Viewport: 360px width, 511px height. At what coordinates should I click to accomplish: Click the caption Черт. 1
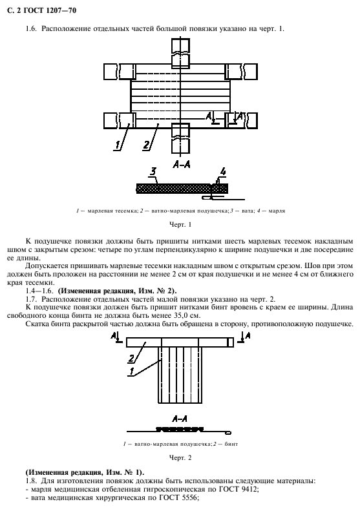click(x=181, y=224)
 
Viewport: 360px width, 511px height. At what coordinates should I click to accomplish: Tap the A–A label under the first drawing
click(x=181, y=165)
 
